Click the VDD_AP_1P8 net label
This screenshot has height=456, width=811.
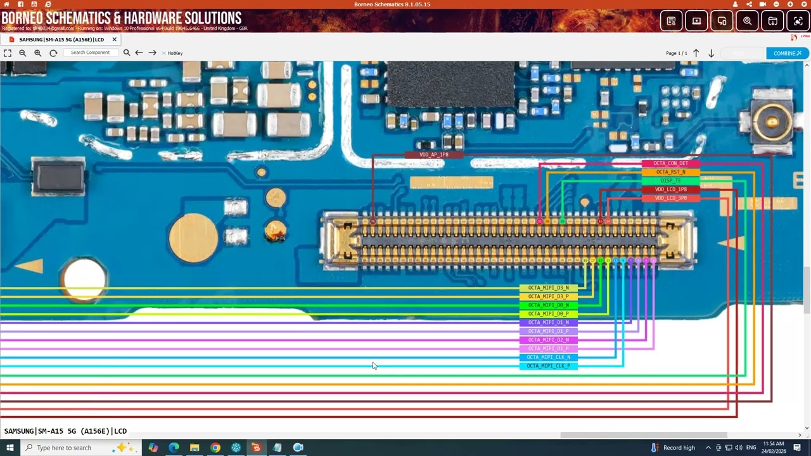coord(434,155)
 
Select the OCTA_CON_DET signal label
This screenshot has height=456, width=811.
coord(670,163)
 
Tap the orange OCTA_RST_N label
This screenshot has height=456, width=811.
coord(670,172)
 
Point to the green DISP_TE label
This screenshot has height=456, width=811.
coord(670,181)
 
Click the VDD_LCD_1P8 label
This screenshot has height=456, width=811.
coord(670,189)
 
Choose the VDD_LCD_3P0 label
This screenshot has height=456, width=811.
coord(670,198)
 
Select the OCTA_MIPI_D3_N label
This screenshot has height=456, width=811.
coord(548,288)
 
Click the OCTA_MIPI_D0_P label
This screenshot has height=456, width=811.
coord(548,314)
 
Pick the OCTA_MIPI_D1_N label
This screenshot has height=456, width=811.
coord(548,322)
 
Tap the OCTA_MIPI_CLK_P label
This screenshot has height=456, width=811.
coord(548,366)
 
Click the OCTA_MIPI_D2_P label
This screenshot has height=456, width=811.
coord(548,348)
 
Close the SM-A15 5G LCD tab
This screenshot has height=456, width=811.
coord(115,39)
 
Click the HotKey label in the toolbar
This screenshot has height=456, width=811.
coord(175,53)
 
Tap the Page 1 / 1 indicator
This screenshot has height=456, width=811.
coord(676,53)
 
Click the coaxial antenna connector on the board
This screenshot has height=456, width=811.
coord(771,120)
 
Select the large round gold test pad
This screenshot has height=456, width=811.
coord(193,238)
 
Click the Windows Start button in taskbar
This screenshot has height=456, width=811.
coord(10,448)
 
